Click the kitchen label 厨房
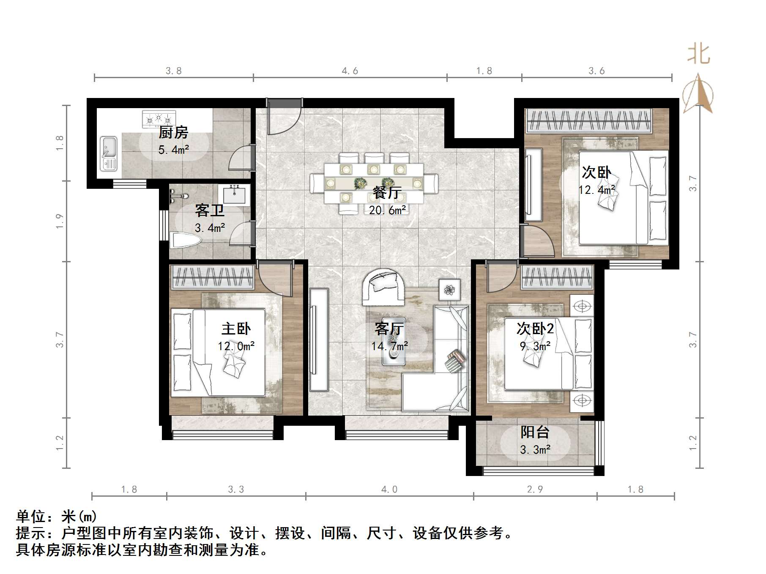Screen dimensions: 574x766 tap(173, 133)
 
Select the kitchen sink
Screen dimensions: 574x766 tap(109, 153)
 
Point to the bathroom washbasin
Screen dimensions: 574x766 tap(234, 195)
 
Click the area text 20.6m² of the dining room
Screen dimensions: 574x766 tap(387, 210)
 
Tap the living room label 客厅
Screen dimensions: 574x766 tap(389, 329)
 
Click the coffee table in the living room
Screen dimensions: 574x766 tap(394, 341)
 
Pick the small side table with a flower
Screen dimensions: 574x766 tap(449, 290)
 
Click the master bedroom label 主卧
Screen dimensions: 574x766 tap(236, 329)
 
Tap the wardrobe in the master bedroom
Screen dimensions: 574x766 tap(213, 277)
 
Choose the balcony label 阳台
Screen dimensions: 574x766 tap(535, 432)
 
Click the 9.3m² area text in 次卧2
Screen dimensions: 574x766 tap(535, 346)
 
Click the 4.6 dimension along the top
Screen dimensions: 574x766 tap(350, 71)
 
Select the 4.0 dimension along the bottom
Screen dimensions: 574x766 tap(389, 490)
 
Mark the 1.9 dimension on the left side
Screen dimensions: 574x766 tap(60, 221)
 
